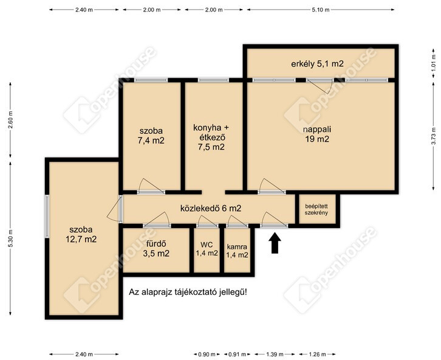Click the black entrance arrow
point(275,243)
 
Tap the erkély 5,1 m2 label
point(317,64)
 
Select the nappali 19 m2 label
point(317,134)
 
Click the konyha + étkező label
point(211,137)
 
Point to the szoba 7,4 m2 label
point(151,136)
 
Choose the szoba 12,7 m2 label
point(81,234)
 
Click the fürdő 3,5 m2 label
point(156,249)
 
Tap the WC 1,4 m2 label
point(207,249)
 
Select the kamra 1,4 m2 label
point(238,251)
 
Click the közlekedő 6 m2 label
point(211,209)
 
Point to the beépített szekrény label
point(316,209)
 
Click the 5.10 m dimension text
point(321,10)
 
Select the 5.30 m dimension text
point(10,239)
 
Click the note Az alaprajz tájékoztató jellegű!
point(188,292)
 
